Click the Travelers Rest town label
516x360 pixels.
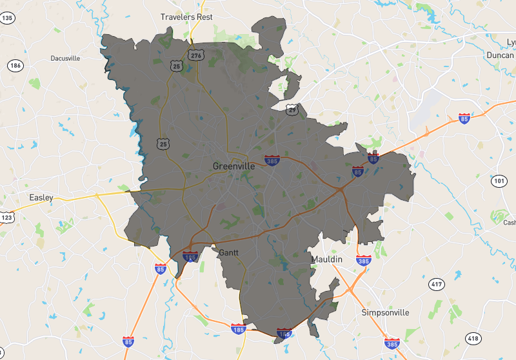(186, 17)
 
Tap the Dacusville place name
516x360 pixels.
(65, 58)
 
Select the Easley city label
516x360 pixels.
(41, 197)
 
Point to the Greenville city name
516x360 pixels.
(233, 166)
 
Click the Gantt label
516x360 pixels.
(229, 252)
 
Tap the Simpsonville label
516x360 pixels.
(385, 313)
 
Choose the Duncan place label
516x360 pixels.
(501, 55)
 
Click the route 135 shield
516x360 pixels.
(7, 18)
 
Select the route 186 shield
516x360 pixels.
(15, 66)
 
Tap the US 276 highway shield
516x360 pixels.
(195, 55)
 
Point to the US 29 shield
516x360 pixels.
(293, 110)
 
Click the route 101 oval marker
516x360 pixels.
(499, 181)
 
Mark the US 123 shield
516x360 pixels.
(6, 217)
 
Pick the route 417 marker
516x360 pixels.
(437, 284)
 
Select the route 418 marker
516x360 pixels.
(473, 338)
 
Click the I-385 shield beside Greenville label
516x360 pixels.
(272, 159)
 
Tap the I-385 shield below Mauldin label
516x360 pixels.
(364, 261)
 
